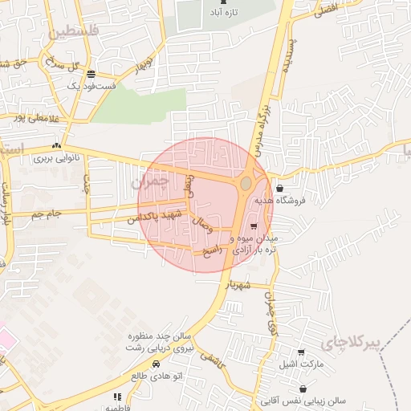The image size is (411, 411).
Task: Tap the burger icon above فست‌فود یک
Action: tap(89, 72)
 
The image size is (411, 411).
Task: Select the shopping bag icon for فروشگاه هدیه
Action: tap(279, 189)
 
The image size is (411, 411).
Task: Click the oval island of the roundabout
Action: tap(245, 185)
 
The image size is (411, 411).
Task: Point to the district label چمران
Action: tap(150, 182)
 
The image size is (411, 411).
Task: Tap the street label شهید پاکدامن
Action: tap(156, 216)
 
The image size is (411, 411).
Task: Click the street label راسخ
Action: tap(210, 251)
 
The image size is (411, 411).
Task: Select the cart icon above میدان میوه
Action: tap(255, 226)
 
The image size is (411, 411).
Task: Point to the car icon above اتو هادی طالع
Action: tap(156, 364)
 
